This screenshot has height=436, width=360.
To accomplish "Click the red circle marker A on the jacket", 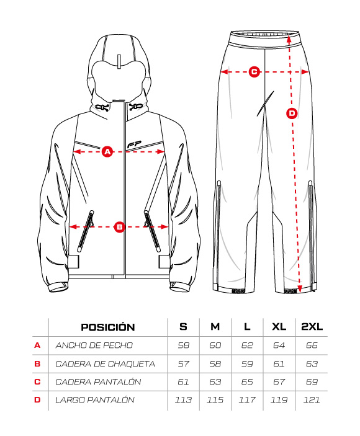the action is click(x=107, y=151).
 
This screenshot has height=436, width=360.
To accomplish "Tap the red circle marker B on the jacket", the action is click(x=120, y=227).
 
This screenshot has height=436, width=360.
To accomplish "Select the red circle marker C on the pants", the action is click(x=254, y=72).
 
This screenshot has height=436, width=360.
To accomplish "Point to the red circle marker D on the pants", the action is click(x=292, y=113).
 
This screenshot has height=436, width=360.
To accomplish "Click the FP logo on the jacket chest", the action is click(x=134, y=145).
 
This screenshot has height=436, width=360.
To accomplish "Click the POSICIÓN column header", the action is click(x=108, y=327).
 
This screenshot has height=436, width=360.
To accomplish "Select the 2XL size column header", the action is click(x=312, y=327).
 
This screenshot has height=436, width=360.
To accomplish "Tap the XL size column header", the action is click(x=279, y=327).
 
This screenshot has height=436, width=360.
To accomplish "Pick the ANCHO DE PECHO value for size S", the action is click(x=184, y=345).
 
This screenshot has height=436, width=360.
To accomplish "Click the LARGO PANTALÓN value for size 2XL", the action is click(x=312, y=400).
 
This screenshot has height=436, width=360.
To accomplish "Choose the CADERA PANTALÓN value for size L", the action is click(x=247, y=382).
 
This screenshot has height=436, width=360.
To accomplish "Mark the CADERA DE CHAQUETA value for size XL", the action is click(x=279, y=363).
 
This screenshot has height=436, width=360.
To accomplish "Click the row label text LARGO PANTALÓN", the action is click(x=95, y=400).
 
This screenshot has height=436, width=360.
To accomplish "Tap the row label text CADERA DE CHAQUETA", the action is click(x=105, y=363).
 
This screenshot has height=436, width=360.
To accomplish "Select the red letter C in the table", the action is click(x=37, y=382).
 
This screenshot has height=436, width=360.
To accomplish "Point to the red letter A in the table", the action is click(x=37, y=345).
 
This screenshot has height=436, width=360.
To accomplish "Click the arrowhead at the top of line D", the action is click(x=289, y=38).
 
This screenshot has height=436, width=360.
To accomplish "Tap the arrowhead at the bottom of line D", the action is click(x=300, y=289).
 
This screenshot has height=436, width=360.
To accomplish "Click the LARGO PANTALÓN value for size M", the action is click(x=215, y=400).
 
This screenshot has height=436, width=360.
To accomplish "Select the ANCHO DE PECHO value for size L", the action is click(x=247, y=345).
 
